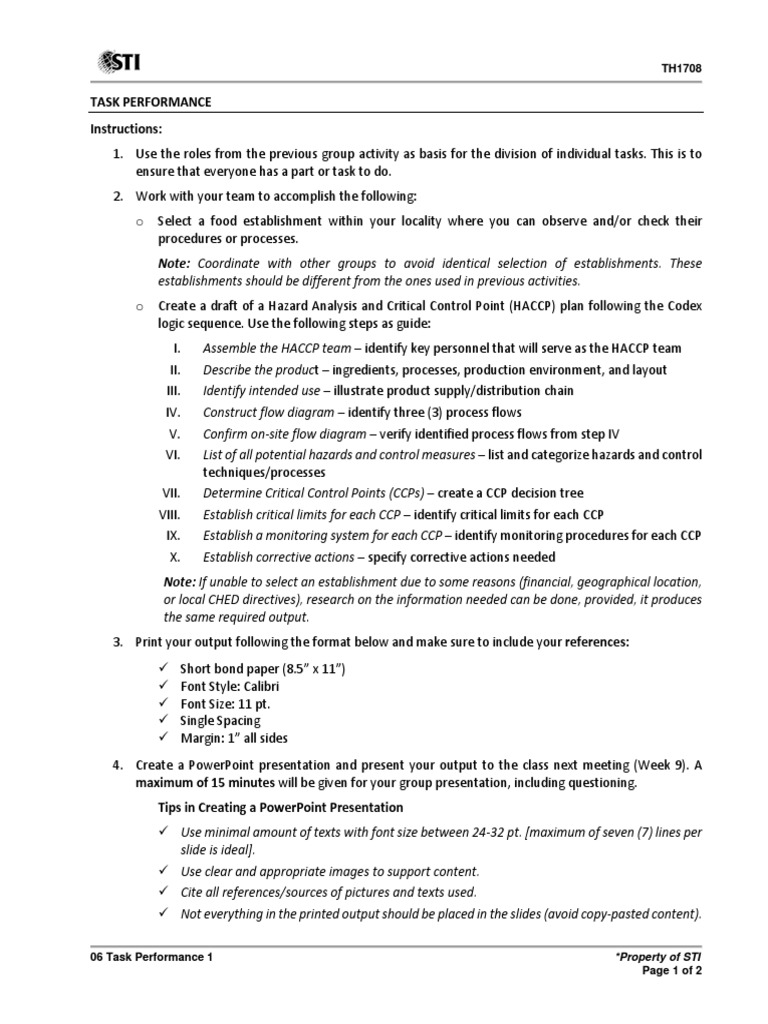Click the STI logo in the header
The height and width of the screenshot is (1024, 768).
click(x=118, y=63)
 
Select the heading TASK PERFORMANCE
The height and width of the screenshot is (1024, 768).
click(x=150, y=103)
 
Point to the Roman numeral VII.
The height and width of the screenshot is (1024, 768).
click(x=170, y=493)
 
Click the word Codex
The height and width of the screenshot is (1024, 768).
click(x=682, y=305)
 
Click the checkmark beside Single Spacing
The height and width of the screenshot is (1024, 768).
click(x=164, y=720)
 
